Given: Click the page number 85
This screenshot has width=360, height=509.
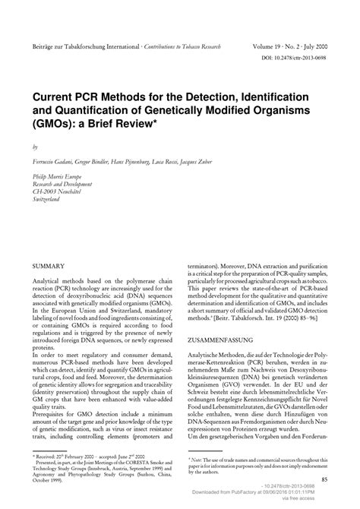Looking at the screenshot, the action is (324, 479).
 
